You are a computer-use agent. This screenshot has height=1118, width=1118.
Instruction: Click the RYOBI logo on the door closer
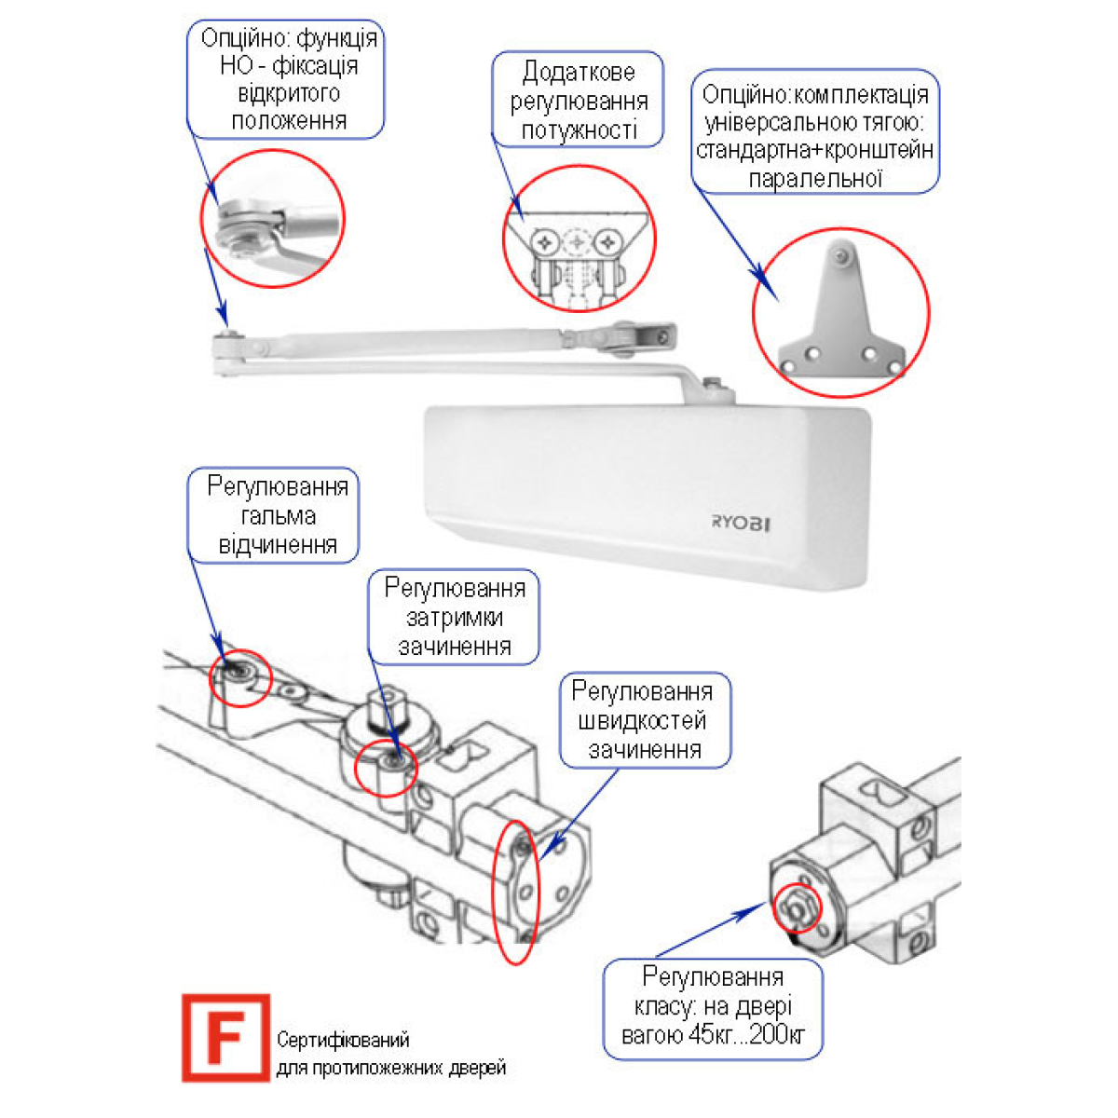click(x=741, y=523)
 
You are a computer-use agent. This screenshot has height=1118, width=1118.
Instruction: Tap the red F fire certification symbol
click(x=225, y=1037)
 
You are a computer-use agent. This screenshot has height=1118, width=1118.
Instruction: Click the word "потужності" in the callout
click(x=579, y=130)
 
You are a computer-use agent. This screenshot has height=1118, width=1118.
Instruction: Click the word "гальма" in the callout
click(x=278, y=516)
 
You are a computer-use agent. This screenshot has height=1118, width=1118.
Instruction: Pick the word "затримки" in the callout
click(x=455, y=618)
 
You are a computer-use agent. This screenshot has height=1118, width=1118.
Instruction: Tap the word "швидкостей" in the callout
click(x=644, y=721)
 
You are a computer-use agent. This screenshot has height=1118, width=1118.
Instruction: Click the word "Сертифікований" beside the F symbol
click(x=343, y=1040)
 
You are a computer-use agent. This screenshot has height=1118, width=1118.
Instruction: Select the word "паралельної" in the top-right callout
click(x=815, y=178)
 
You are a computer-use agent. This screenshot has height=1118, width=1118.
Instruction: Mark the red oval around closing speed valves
click(x=514, y=892)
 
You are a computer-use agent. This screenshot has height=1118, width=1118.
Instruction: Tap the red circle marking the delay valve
click(x=385, y=766)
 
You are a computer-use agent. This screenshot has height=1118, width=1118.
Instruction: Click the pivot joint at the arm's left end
click(x=225, y=346)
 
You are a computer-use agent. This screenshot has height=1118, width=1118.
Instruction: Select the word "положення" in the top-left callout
click(x=289, y=121)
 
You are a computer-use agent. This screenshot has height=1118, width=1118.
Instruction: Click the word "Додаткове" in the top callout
click(x=579, y=72)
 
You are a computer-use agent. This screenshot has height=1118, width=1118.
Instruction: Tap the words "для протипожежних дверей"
click(x=391, y=1068)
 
